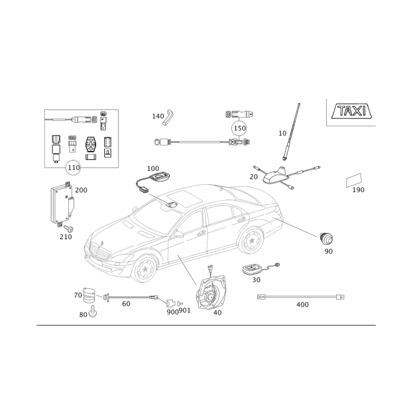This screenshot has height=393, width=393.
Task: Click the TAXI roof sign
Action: tap(352, 112)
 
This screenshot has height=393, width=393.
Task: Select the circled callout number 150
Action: tap(239, 128)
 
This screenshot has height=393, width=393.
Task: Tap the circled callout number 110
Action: tap(73, 168)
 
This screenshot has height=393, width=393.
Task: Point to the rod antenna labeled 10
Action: tap(291, 132)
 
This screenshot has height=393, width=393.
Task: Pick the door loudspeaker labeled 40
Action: tap(211, 291)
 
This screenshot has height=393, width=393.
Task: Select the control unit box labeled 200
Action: tap(63, 202)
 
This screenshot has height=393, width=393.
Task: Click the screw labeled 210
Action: tap(68, 228)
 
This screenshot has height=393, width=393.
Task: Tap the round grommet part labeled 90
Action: tap(326, 238)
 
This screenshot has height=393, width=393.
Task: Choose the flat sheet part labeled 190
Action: tap(354, 180)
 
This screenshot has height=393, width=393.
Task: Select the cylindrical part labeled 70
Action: tap(89, 296)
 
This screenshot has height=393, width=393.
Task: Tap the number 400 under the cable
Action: tap(303, 305)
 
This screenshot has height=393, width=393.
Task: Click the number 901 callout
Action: tap(185, 310)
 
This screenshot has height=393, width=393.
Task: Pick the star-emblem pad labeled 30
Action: tap(253, 270)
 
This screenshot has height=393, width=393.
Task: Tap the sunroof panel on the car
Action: tap(185, 198)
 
